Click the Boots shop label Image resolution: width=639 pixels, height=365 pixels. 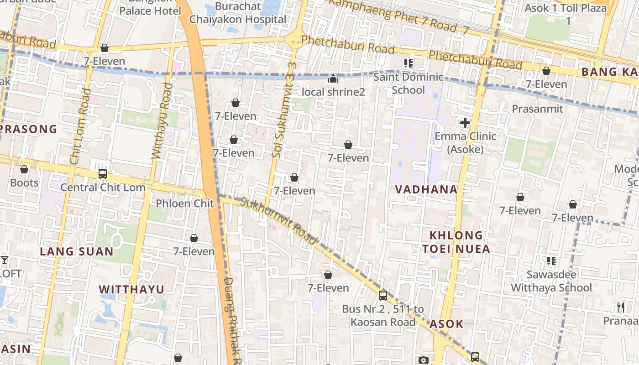point(24,183)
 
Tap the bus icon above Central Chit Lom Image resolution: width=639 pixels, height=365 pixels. point(103,174)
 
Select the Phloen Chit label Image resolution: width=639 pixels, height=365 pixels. point(185,203)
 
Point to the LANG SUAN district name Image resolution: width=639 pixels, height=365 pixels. point(77,251)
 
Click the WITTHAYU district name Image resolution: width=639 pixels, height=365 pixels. point(131,289)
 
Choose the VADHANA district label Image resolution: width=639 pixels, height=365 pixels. point(426,189)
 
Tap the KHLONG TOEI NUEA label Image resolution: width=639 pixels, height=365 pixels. point(456,242)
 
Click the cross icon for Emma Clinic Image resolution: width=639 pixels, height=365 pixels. point(465,123)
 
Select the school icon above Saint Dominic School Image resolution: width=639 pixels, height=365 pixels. point(408,63)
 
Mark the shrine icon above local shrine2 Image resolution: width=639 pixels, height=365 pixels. point(333,79)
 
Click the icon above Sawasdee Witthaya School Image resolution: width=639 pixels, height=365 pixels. point(551,261)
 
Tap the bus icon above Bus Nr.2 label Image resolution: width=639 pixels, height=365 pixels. point(383,296)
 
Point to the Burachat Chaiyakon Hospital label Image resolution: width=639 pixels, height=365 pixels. point(238,13)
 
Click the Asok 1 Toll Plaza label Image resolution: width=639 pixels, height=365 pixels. point(566,14)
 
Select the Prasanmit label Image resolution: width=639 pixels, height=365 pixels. point(537,109)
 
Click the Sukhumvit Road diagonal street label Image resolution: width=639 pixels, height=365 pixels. point(278,220)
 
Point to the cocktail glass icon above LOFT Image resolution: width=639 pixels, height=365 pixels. point(5,261)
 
